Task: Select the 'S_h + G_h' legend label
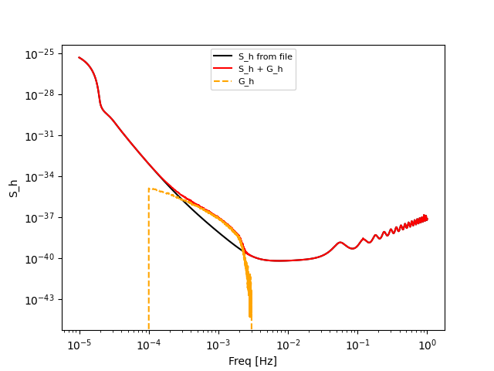click(260, 69)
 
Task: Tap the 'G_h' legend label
click(246, 80)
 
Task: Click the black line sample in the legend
click(224, 56)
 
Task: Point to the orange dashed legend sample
click(224, 80)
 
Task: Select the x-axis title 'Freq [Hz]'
click(252, 361)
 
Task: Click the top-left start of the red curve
click(80, 57)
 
